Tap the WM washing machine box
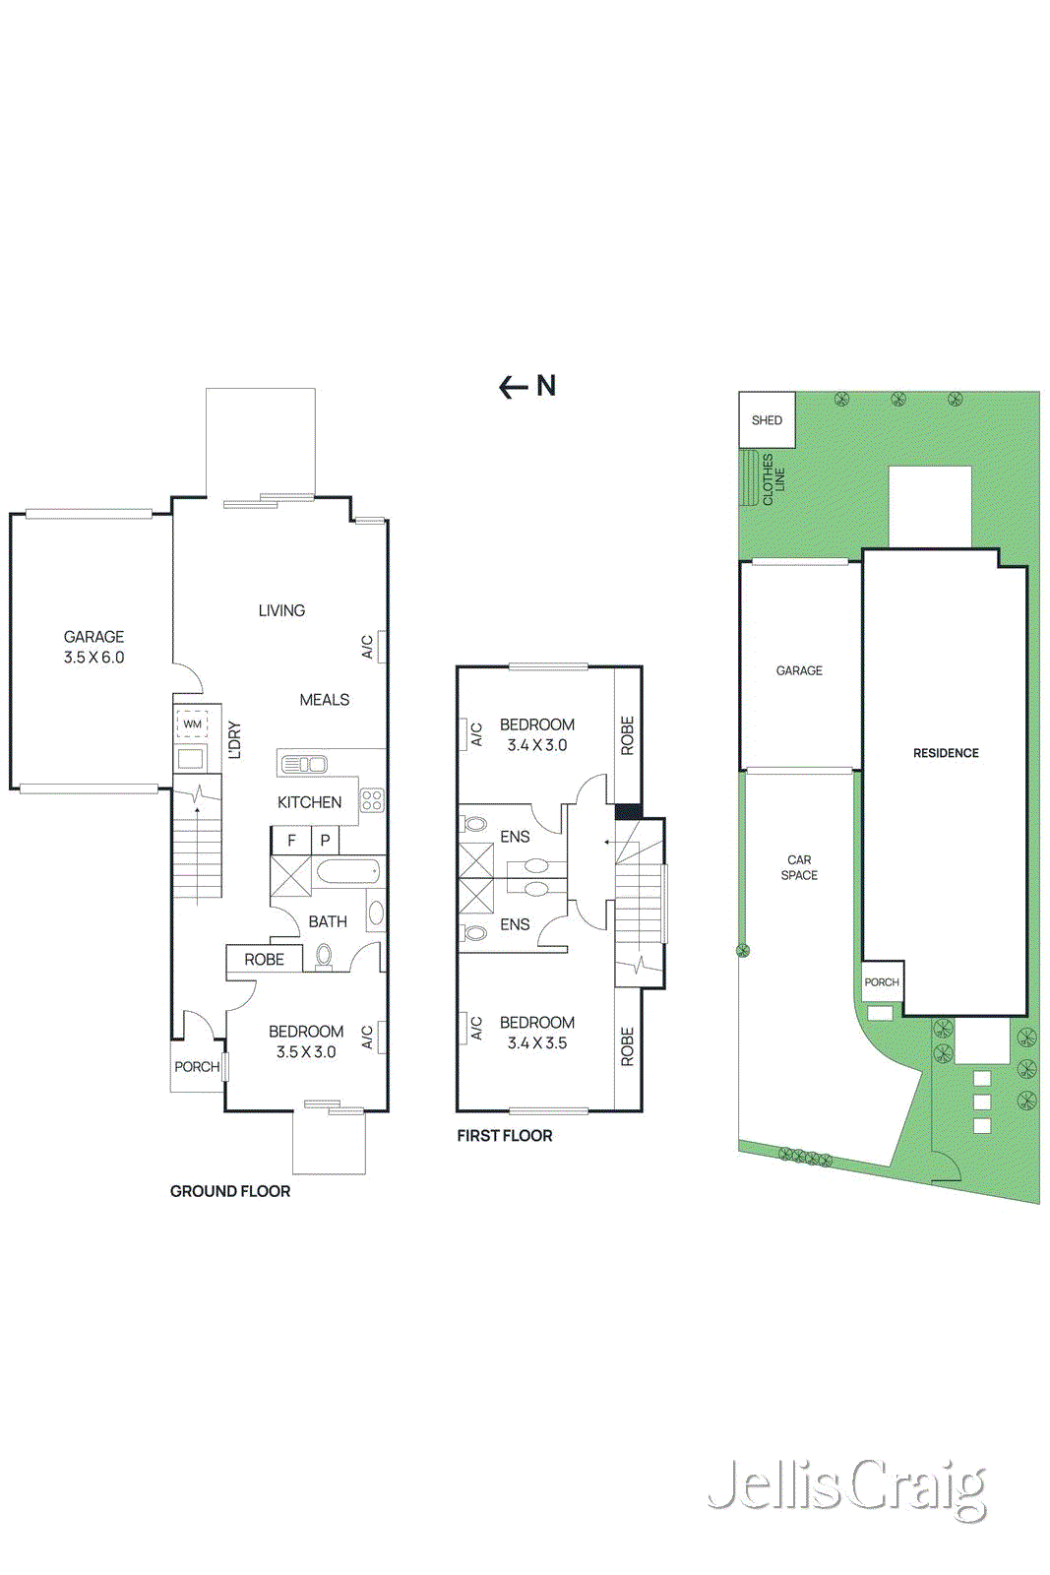pos(192,724)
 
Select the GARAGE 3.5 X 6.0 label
pos(93,647)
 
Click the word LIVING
pos(281,610)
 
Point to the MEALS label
pos(324,700)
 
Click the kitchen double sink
pos(304,764)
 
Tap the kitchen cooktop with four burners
pos(372,799)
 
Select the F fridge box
pos(291,840)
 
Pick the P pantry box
pos(325,840)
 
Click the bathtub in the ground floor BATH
pos(348,871)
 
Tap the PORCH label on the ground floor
pos(197,1067)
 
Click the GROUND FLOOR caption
pos(230,1191)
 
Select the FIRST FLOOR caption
pos(504,1136)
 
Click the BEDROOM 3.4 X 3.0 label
pos(536,734)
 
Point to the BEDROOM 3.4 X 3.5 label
pos(536,1033)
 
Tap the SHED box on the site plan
pos(767,420)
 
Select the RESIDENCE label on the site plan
pos(946,753)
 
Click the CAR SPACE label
pos(799,867)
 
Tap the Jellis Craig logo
pos(846,1486)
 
